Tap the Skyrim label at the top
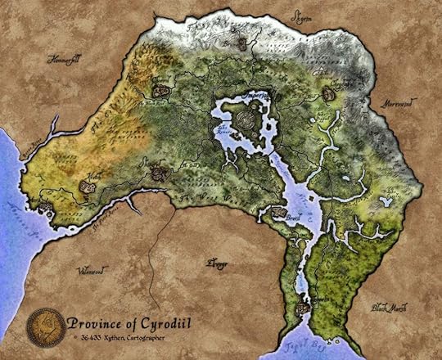(302, 15)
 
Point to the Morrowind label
(399, 106)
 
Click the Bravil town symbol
(279, 212)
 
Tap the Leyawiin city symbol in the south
(304, 309)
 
